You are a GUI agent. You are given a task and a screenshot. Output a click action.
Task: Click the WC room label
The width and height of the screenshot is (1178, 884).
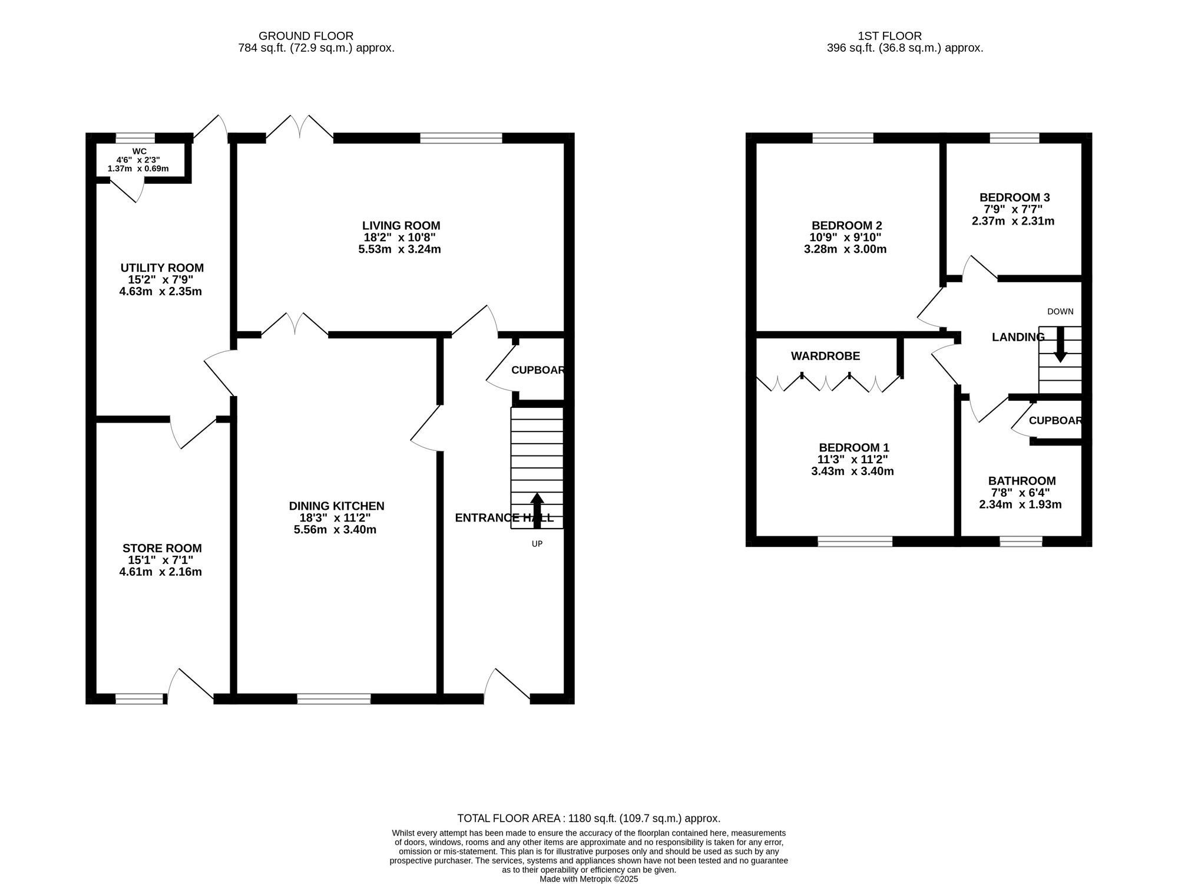(x=140, y=151)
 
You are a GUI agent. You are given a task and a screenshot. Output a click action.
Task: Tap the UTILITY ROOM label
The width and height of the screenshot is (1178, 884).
(x=162, y=268)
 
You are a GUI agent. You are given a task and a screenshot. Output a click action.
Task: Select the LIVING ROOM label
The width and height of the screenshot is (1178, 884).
(x=401, y=226)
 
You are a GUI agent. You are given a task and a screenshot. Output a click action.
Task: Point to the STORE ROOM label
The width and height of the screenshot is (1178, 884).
(x=162, y=549)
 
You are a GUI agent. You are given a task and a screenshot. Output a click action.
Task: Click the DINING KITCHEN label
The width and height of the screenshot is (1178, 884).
(x=336, y=506)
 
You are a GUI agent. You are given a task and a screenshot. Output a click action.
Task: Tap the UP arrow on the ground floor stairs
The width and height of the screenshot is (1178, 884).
(x=537, y=510)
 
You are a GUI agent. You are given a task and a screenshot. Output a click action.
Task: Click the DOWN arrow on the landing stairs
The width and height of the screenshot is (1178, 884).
(x=1060, y=344)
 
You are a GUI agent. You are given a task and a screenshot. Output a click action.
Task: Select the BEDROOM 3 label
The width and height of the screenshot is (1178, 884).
(x=1014, y=198)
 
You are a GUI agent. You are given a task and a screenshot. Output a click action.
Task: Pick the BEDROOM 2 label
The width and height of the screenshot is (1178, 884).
(x=846, y=226)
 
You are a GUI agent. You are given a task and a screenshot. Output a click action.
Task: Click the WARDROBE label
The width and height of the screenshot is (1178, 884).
(x=825, y=356)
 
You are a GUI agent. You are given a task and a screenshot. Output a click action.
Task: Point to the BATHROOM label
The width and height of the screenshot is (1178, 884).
(x=1022, y=481)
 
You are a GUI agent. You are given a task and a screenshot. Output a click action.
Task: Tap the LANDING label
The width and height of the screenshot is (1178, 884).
(x=1018, y=337)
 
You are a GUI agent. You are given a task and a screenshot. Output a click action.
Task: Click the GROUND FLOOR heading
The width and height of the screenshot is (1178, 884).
(x=306, y=36)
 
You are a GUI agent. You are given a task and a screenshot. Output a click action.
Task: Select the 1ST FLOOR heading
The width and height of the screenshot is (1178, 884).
(x=890, y=36)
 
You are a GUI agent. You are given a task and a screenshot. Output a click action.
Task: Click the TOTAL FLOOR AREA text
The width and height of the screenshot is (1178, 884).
(x=589, y=819)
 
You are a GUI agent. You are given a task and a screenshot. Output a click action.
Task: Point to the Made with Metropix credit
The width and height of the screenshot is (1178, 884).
(x=589, y=879)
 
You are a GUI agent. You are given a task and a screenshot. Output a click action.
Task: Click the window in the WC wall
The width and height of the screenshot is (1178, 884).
(x=135, y=138)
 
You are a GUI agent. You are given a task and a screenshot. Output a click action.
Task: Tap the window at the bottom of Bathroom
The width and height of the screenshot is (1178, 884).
(x=1021, y=541)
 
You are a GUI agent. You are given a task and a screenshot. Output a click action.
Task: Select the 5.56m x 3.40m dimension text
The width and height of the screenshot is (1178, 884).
(x=335, y=530)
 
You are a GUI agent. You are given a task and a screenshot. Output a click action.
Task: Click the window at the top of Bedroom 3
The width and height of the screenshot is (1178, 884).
(x=1014, y=138)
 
